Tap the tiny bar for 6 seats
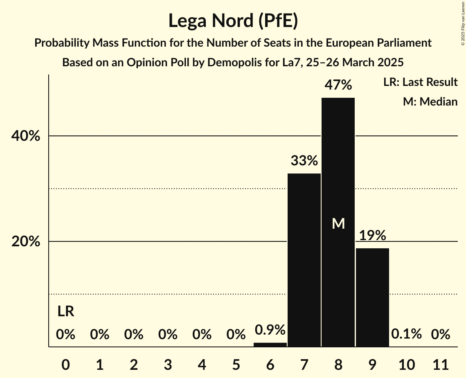pyautogui.click(x=270, y=344)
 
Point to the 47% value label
pyautogui.click(x=338, y=85)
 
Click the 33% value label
pyautogui.click(x=304, y=161)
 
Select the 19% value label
pyautogui.click(x=372, y=236)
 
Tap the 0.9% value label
pyautogui.click(x=270, y=330)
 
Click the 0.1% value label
pyautogui.click(x=406, y=334)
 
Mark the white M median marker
pyautogui.click(x=338, y=223)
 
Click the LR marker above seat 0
pyautogui.click(x=65, y=312)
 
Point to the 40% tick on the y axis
pyautogui.click(x=26, y=136)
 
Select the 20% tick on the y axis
pyautogui.click(x=26, y=242)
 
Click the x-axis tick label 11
pyautogui.click(x=441, y=364)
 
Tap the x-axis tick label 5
pyautogui.click(x=236, y=364)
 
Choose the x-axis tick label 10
pyautogui.click(x=406, y=364)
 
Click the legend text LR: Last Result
pyautogui.click(x=420, y=82)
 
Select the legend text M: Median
pyautogui.click(x=430, y=102)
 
